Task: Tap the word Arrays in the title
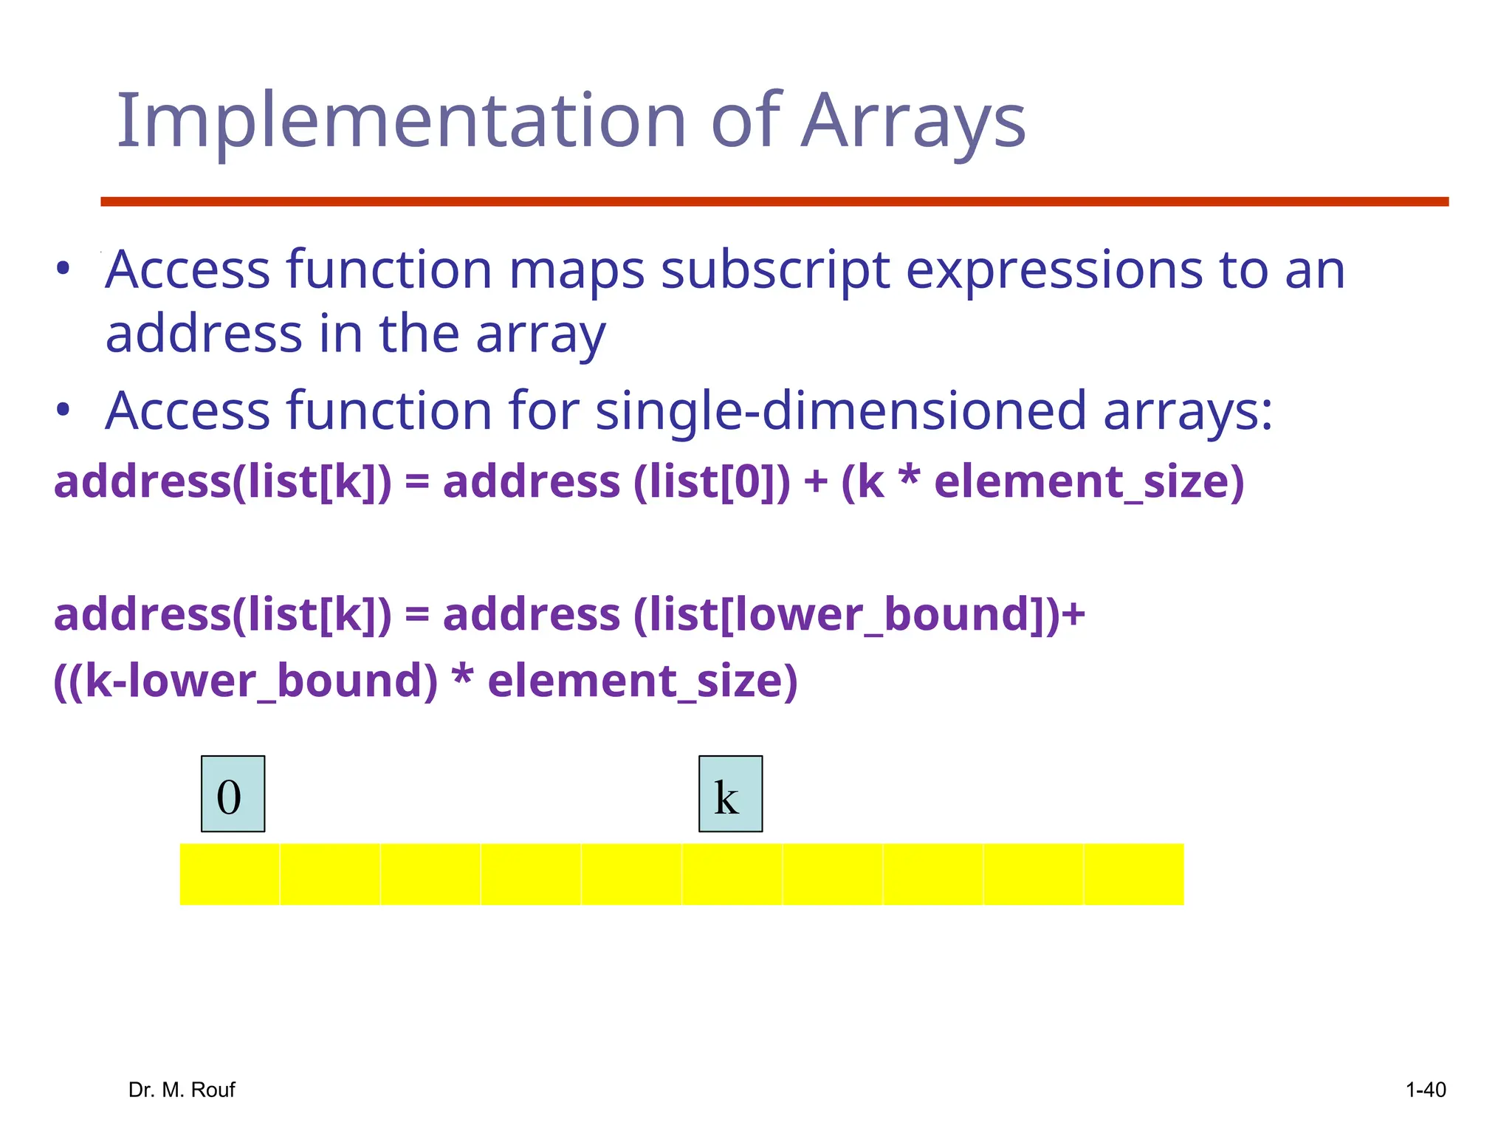pos(913,122)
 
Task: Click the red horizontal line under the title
pos(774,202)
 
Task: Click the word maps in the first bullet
pos(577,271)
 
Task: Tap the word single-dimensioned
pos(841,411)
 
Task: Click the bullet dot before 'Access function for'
pos(63,410)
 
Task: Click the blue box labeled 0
pos(233,794)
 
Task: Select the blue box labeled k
pos(730,794)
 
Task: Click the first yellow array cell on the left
pos(230,874)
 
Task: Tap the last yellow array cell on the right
pos(1133,874)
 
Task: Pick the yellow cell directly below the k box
pos(732,874)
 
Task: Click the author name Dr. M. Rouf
pos(182,1090)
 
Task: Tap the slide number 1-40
pos(1425,1090)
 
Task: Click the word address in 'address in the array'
pos(204,334)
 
